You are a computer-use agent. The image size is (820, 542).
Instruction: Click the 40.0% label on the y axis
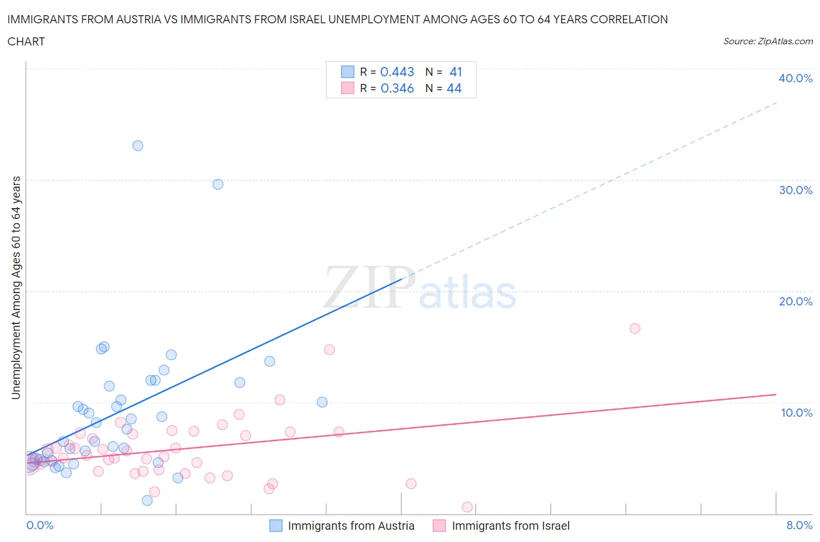[796, 78]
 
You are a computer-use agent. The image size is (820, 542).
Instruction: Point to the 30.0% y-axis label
[796, 190]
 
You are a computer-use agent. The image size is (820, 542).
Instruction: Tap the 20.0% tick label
[796, 301]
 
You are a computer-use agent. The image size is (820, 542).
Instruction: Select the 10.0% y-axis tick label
[796, 413]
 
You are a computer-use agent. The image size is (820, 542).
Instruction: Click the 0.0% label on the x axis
[40, 525]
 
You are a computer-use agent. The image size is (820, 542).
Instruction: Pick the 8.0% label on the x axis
[799, 525]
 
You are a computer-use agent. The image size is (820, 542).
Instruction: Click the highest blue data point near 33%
[138, 146]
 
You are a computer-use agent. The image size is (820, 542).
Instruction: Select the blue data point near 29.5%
[218, 184]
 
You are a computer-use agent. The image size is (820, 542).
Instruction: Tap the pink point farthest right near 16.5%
[635, 329]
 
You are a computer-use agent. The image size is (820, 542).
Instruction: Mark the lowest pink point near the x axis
[467, 507]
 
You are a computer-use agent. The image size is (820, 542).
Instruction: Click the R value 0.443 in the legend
[397, 72]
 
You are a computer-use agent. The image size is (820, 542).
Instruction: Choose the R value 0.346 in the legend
[397, 88]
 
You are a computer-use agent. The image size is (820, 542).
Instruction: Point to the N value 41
[456, 72]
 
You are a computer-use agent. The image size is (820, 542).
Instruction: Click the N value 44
[454, 88]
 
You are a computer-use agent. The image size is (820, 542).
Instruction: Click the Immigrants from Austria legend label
[351, 526]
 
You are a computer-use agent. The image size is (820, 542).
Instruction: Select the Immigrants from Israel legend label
[510, 526]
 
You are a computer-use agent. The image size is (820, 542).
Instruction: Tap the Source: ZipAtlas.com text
[768, 41]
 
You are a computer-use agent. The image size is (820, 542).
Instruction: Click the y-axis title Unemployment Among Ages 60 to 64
[16, 288]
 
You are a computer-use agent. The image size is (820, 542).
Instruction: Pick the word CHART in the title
[26, 41]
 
